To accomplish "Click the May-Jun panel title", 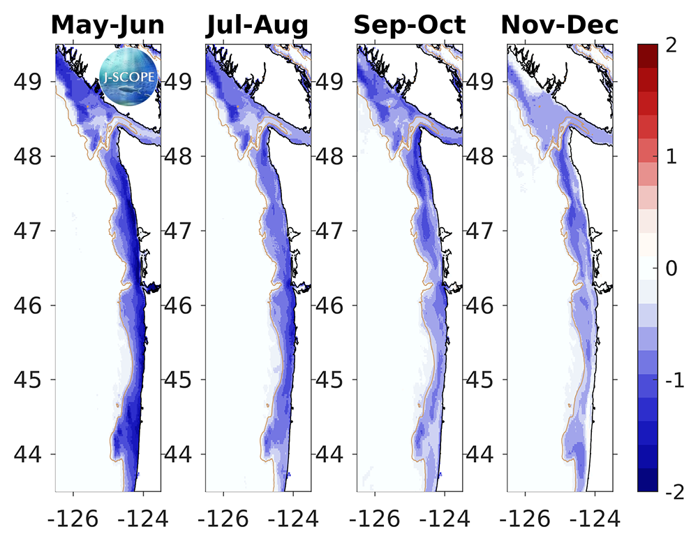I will pyautogui.click(x=107, y=25).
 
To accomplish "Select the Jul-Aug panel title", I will pyautogui.click(x=257, y=25).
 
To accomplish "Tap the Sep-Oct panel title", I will pyautogui.click(x=409, y=25).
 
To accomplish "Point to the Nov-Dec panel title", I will pyautogui.click(x=560, y=25).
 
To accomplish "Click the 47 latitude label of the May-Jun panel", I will pyautogui.click(x=30, y=231).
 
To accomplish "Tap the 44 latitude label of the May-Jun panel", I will pyautogui.click(x=30, y=454).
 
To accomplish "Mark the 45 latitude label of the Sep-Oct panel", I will pyautogui.click(x=333, y=380).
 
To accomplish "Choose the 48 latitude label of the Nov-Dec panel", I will pyautogui.click(x=484, y=156).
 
